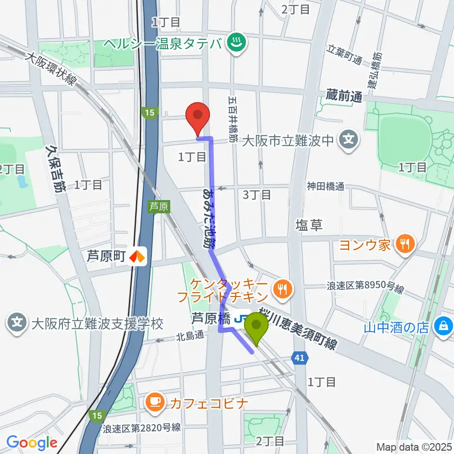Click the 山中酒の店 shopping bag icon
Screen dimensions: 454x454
pyautogui.click(x=445, y=327)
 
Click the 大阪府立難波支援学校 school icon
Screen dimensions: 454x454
pyautogui.click(x=17, y=324)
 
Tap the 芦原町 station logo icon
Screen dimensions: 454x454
pyautogui.click(x=138, y=256)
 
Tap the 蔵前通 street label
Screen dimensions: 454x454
pyautogui.click(x=344, y=96)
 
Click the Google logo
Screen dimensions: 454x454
pyautogui.click(x=32, y=443)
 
